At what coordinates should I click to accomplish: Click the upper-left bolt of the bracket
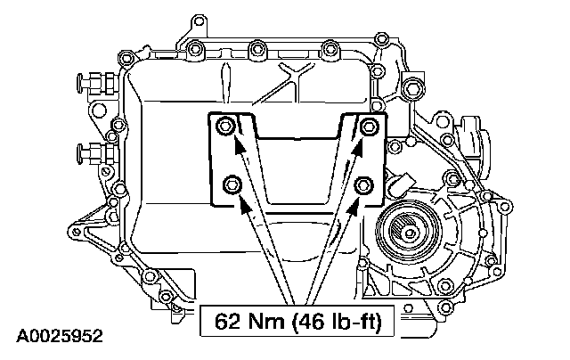click(x=225, y=127)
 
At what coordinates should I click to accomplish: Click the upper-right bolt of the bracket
click(x=369, y=127)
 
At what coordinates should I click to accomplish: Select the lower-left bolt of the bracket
click(x=232, y=184)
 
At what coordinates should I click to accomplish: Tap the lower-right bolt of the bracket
click(x=363, y=185)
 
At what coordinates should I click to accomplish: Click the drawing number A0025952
click(x=60, y=336)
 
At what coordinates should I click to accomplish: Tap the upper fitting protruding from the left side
click(x=97, y=81)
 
